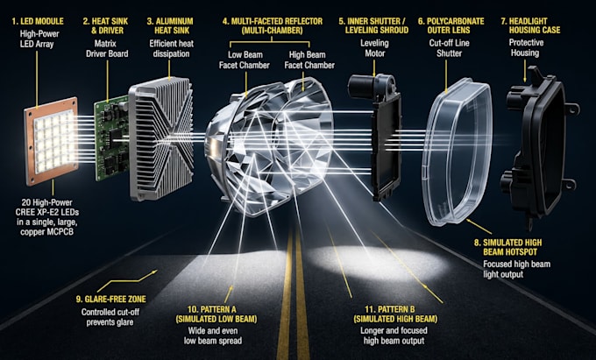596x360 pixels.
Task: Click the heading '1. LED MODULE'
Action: click(x=38, y=21)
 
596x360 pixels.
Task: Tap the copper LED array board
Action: click(x=52, y=141)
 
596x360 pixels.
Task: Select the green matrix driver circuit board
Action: click(x=112, y=138)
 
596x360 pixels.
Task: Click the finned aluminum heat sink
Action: click(x=161, y=138)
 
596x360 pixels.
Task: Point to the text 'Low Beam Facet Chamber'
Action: click(x=245, y=60)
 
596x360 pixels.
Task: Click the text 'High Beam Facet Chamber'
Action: click(x=309, y=60)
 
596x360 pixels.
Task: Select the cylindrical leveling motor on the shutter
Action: click(x=363, y=87)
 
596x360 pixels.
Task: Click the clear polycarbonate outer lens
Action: click(x=458, y=152)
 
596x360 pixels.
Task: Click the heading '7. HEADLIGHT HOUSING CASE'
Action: click(x=530, y=25)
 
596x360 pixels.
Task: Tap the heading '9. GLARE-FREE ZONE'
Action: click(x=111, y=300)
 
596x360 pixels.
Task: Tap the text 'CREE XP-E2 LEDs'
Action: click(x=47, y=212)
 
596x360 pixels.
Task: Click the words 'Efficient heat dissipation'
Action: click(x=172, y=48)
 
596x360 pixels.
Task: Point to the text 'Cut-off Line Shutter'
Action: click(x=450, y=48)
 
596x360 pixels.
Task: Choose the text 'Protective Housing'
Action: click(x=526, y=47)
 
